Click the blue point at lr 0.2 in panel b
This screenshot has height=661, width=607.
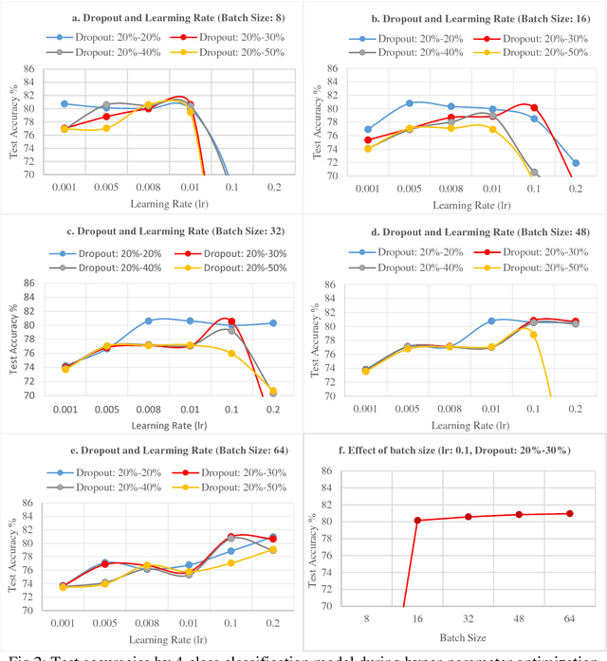click(x=576, y=162)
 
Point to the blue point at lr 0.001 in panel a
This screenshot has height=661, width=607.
click(x=64, y=103)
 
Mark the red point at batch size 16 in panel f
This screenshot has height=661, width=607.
click(x=417, y=520)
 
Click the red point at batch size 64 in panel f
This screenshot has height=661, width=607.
click(x=569, y=513)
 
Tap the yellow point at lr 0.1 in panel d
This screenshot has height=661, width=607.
click(x=533, y=335)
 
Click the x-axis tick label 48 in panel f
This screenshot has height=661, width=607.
click(x=518, y=617)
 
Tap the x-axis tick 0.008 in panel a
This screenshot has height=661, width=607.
click(x=148, y=188)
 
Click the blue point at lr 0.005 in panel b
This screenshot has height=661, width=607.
click(x=410, y=103)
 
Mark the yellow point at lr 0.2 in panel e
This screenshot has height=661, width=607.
click(x=273, y=549)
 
